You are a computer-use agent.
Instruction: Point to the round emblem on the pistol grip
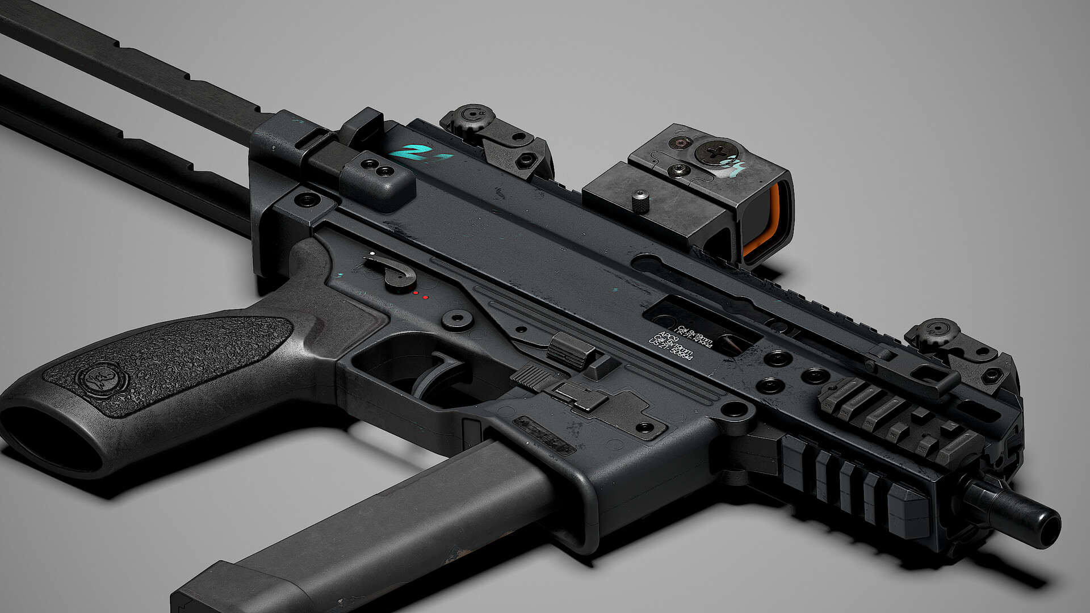click(x=96, y=377)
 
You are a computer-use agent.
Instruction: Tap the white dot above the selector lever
click(x=372, y=253)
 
